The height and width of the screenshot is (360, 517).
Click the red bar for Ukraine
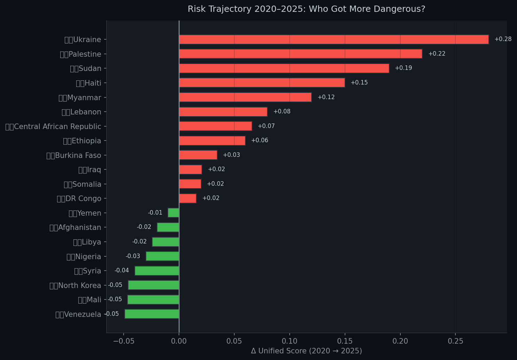[x=334, y=39]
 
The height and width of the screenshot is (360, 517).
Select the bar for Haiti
[x=262, y=83]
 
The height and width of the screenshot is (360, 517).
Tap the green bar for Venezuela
[x=152, y=314]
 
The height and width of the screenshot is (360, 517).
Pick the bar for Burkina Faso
[x=198, y=155]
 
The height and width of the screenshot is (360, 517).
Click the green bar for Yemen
[x=173, y=213]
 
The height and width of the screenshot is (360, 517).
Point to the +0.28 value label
[x=503, y=39]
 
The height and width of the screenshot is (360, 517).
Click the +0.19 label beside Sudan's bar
[x=403, y=68]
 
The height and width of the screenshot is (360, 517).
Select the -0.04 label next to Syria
[x=122, y=271]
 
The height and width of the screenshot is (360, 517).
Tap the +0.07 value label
[x=266, y=126]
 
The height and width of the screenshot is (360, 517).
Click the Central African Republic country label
[x=53, y=127]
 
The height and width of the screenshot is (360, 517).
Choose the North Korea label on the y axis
[x=75, y=286]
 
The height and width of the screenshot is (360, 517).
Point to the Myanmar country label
[x=80, y=98]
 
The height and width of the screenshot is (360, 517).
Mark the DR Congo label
[x=79, y=199]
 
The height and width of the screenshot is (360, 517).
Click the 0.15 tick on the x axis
[x=345, y=341]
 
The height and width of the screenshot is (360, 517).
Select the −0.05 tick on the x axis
[x=123, y=341]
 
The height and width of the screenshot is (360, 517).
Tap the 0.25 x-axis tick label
[x=455, y=341]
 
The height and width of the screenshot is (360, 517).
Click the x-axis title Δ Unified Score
[x=306, y=351]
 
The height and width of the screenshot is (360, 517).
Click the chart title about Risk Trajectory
[x=306, y=9]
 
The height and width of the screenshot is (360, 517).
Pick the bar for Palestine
[x=300, y=54]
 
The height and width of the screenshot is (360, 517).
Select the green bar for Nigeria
[x=162, y=256]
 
